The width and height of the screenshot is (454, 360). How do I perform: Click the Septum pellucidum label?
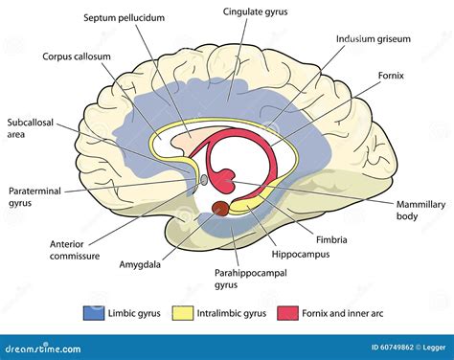(124, 18)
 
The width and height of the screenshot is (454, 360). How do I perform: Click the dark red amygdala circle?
(219, 208)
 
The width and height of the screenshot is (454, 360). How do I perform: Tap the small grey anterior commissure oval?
(203, 179)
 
